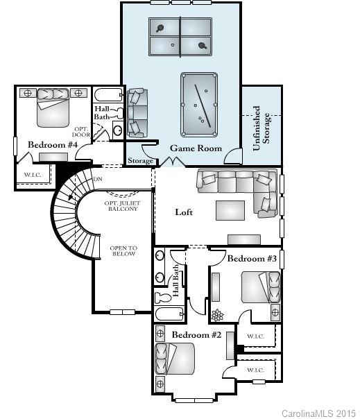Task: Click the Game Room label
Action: click(x=196, y=148)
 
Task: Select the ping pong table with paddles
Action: click(x=181, y=37)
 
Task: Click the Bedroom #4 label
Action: click(x=52, y=144)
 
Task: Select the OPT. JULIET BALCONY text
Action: click(x=121, y=206)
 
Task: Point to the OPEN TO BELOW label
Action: click(x=123, y=251)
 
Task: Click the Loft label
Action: click(x=184, y=212)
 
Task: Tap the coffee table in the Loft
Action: click(x=230, y=209)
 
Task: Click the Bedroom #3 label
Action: click(x=252, y=258)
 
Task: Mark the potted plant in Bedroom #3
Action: click(x=218, y=314)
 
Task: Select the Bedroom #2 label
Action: click(x=196, y=335)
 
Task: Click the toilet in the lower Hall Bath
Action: click(x=164, y=298)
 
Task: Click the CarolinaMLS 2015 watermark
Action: click(x=318, y=413)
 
